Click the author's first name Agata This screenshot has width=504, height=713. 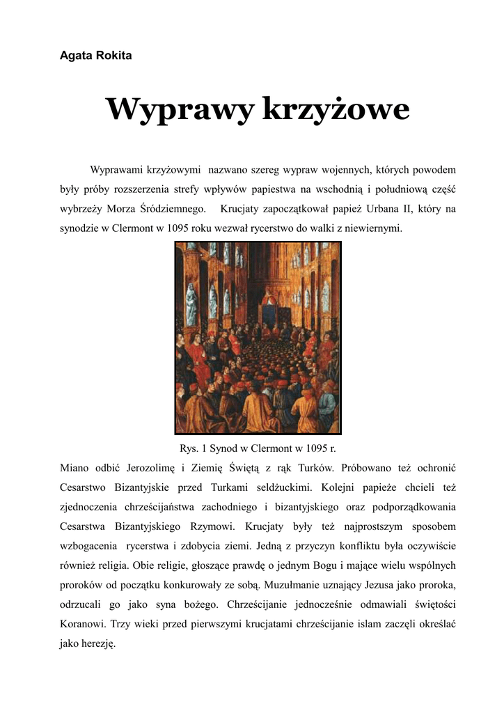[75, 56]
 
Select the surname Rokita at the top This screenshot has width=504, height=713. [111, 56]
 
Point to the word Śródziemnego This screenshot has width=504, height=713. [172, 208]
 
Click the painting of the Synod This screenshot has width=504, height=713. [258, 338]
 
